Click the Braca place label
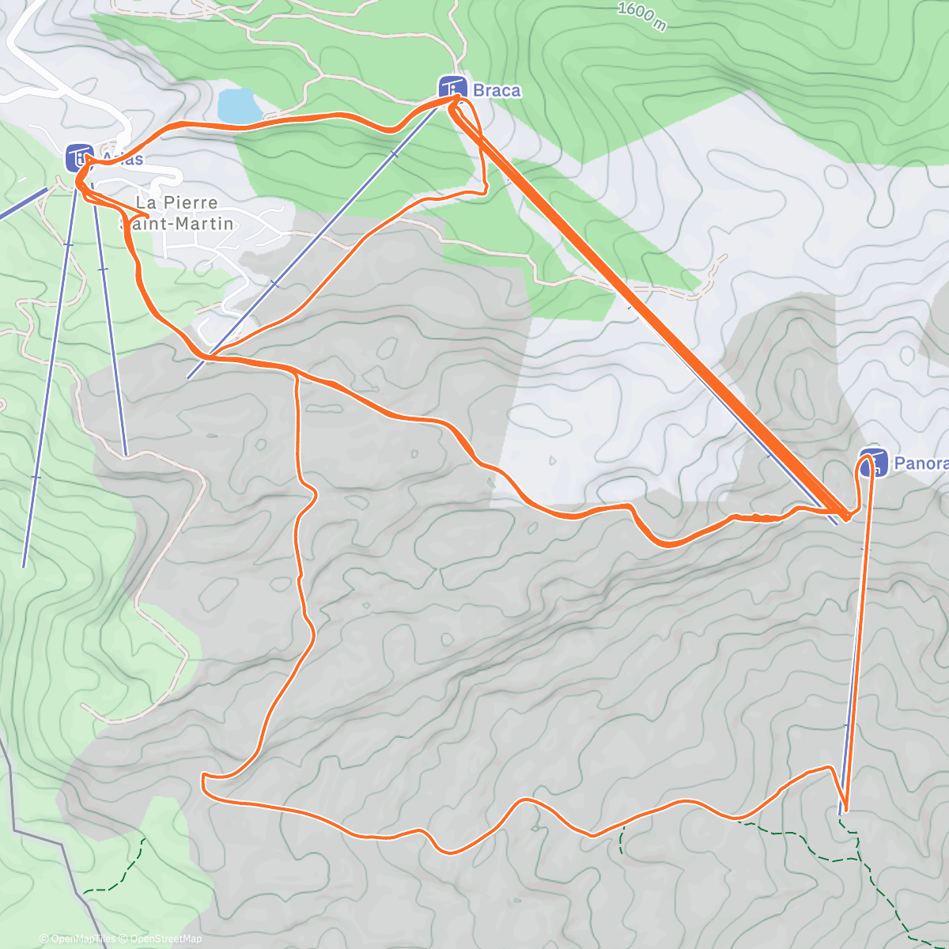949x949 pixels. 497,91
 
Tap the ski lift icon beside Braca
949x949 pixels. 452,89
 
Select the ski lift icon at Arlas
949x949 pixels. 79,157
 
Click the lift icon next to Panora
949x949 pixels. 873,463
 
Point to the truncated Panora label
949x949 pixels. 921,463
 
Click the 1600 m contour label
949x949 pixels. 641,16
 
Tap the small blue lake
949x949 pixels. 239,106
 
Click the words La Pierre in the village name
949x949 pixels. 176,202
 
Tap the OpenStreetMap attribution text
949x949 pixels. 165,939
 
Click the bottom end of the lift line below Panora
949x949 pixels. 841,813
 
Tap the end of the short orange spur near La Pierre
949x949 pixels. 149,215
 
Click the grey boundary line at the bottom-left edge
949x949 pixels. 47,838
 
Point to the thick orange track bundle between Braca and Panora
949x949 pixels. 648,308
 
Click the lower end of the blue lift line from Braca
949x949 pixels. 188,378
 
